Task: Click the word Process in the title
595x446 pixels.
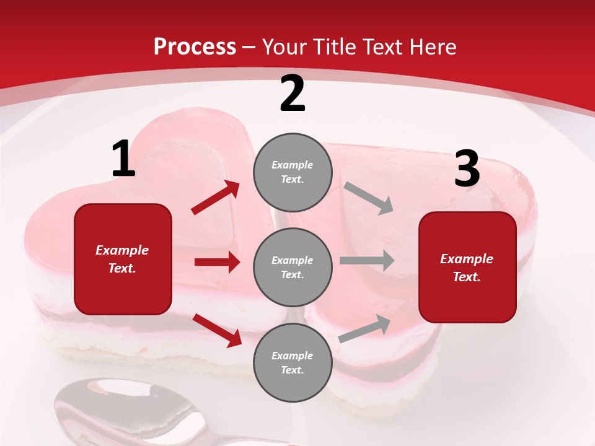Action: click(195, 46)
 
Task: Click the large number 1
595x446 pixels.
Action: click(123, 159)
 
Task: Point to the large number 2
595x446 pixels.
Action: click(293, 94)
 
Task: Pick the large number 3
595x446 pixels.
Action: click(467, 169)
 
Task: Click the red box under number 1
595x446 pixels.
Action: click(123, 259)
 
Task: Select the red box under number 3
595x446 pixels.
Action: click(467, 268)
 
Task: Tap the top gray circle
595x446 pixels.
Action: click(293, 172)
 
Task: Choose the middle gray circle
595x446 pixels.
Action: click(293, 268)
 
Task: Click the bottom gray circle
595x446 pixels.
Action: click(293, 363)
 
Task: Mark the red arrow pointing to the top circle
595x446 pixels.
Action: click(216, 198)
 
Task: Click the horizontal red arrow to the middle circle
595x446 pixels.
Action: click(217, 262)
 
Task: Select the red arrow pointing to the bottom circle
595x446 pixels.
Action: click(217, 330)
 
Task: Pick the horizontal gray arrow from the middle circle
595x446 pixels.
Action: click(367, 261)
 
